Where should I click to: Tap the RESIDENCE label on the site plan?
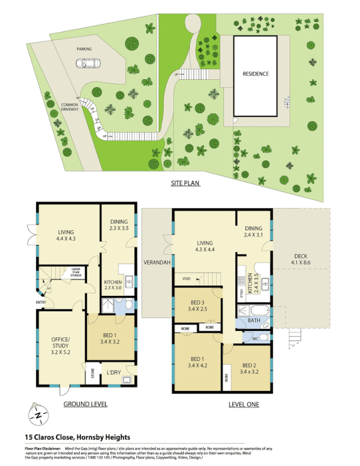tap(256, 74)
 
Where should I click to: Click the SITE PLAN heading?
tap(185, 183)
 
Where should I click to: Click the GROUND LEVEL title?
tap(85, 404)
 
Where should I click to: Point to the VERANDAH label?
tap(157, 263)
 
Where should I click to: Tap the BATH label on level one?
tap(254, 320)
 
